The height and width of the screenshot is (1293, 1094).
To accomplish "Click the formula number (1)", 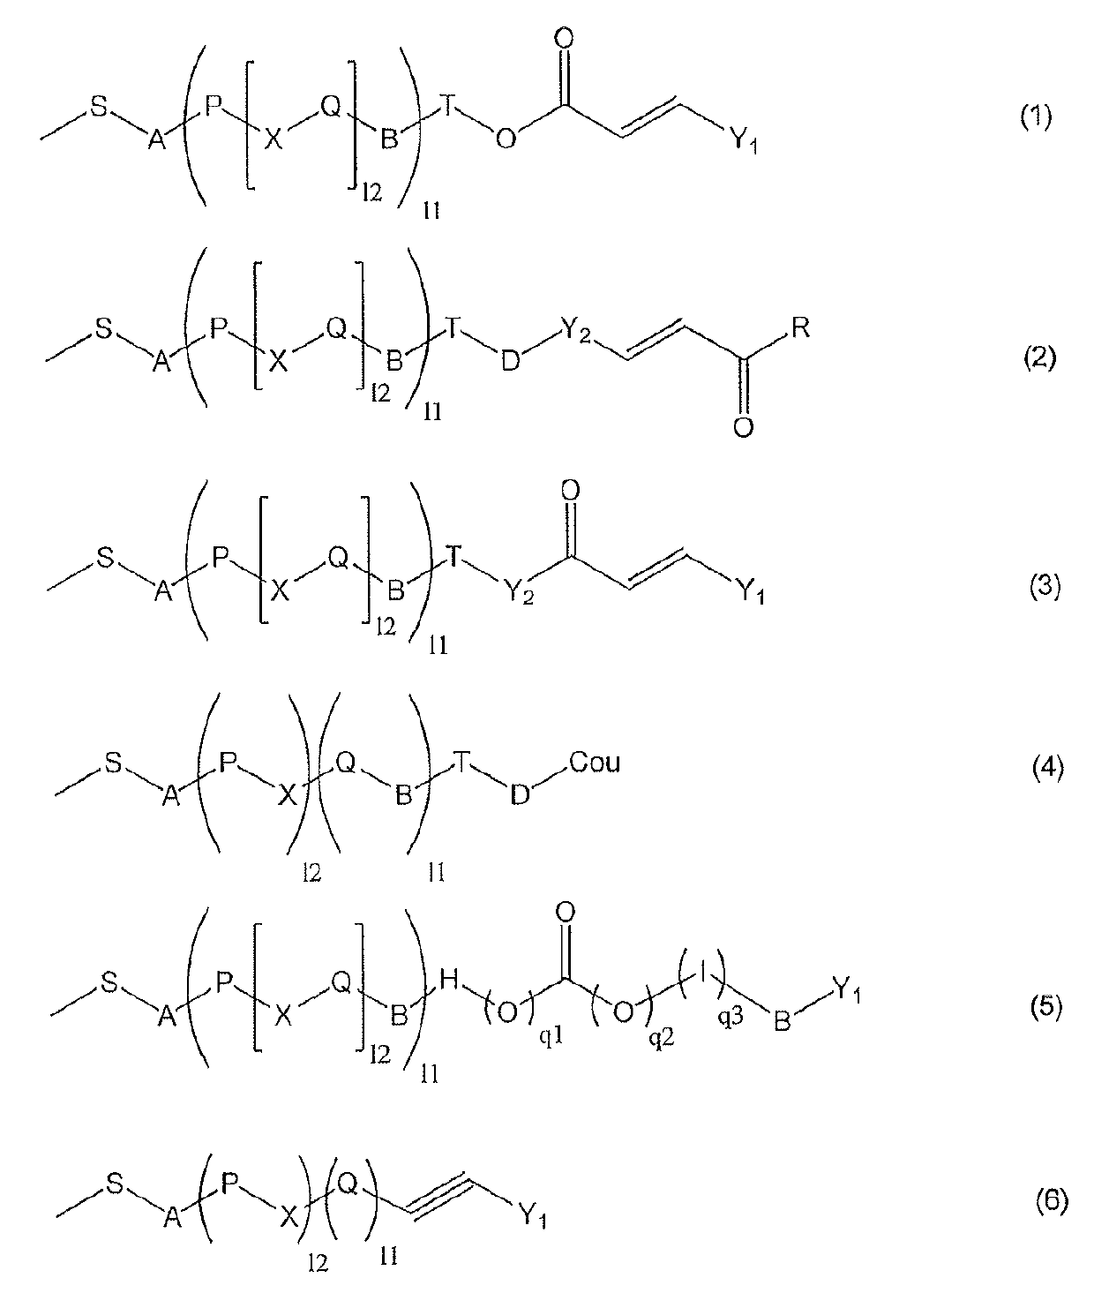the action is pyautogui.click(x=1036, y=117).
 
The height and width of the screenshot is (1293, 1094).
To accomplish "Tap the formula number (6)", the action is pyautogui.click(x=1050, y=1201).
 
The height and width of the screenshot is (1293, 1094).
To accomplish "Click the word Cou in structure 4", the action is pyautogui.click(x=595, y=762).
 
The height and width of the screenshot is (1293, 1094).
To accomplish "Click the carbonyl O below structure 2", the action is pyautogui.click(x=743, y=429).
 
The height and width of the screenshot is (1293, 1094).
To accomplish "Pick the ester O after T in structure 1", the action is pyautogui.click(x=505, y=139).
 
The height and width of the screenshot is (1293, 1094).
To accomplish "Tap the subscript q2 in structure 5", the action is pyautogui.click(x=658, y=1041).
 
